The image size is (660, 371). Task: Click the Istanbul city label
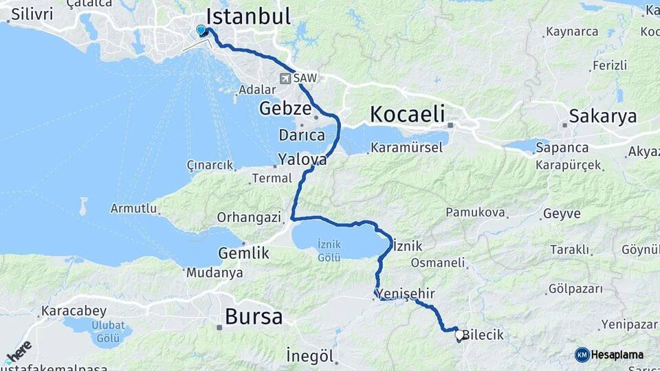[x=248, y=16]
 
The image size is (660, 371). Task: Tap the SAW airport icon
[x=285, y=78]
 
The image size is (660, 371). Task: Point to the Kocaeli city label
[x=407, y=113]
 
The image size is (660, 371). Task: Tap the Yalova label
[x=302, y=159]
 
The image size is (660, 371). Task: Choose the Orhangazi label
[x=249, y=217]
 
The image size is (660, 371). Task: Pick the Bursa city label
[x=254, y=317]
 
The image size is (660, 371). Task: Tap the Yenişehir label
[x=406, y=294]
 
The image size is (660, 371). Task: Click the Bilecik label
[x=483, y=335]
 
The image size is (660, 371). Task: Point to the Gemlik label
[x=243, y=253]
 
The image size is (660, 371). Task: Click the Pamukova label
[x=475, y=213]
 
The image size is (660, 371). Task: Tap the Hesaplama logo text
[x=617, y=355]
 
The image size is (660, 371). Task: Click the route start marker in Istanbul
[x=201, y=30]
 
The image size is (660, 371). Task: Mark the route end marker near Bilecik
[x=459, y=335]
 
